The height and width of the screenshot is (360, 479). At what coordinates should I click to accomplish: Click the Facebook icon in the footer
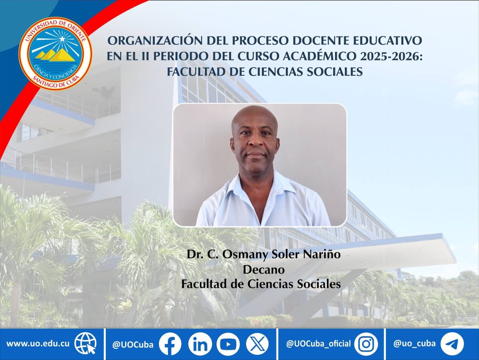(170, 344)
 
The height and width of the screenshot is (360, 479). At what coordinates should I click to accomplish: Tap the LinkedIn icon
(200, 344)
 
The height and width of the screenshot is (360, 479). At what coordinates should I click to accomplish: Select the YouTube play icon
(228, 344)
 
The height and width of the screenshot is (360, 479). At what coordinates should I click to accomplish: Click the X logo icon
(257, 344)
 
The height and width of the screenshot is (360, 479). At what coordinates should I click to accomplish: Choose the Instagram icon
(366, 344)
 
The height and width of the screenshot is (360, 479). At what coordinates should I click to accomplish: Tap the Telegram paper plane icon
(452, 344)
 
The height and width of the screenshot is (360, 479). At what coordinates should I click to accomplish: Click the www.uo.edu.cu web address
(38, 344)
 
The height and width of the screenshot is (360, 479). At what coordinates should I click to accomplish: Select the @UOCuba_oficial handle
(318, 344)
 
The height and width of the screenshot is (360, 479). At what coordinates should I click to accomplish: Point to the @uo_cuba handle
(414, 344)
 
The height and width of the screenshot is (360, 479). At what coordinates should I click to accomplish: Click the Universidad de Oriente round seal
(55, 54)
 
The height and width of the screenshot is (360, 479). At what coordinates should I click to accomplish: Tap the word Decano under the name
(264, 270)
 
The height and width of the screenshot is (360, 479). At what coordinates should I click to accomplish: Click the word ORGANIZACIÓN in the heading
(155, 40)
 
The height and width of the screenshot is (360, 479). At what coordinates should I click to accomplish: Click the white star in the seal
(62, 39)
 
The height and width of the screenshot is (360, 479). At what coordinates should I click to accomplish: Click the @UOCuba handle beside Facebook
(133, 345)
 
